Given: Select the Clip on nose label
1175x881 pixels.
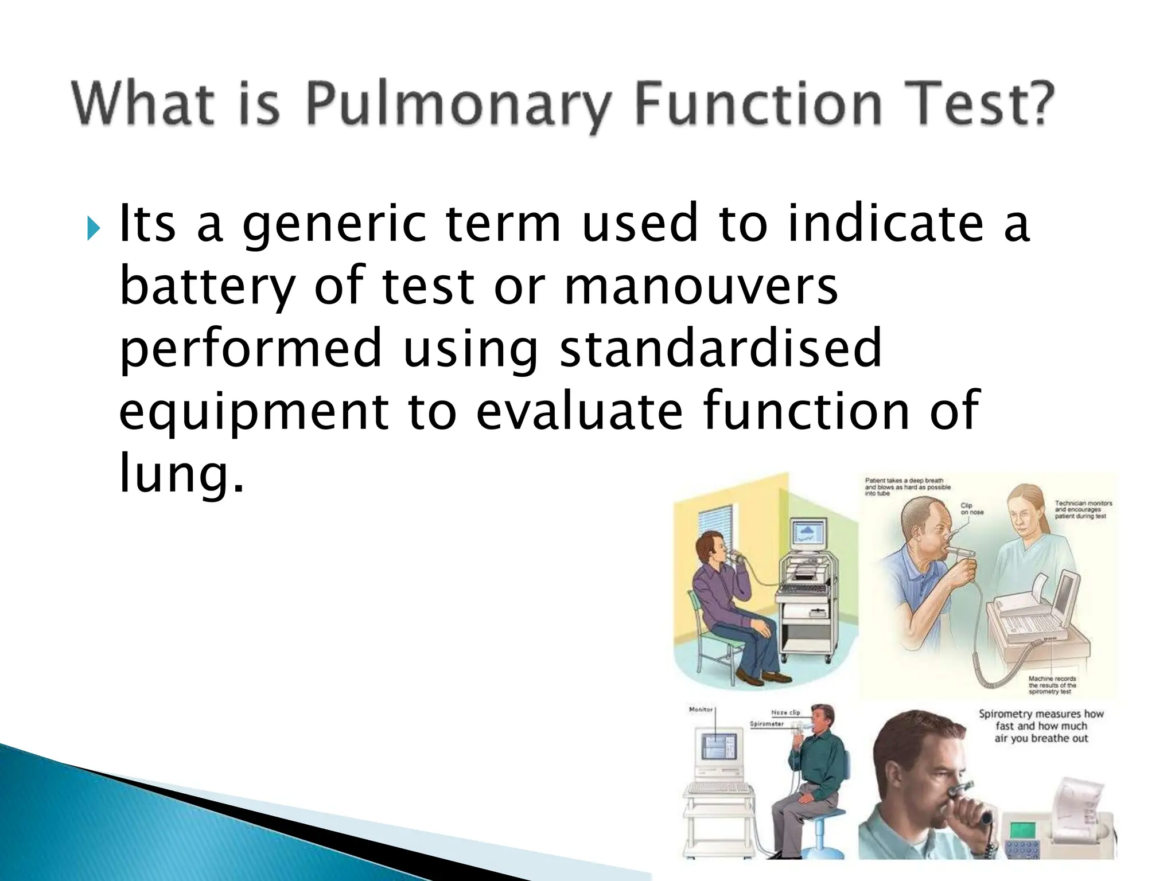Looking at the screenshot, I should [x=972, y=509].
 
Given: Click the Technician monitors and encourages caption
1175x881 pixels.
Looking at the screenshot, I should [x=1083, y=509].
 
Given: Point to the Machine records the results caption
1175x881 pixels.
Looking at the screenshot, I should [x=1052, y=685].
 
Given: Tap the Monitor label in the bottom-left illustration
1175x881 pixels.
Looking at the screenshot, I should [x=701, y=710].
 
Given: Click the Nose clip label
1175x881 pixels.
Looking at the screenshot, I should [x=785, y=712].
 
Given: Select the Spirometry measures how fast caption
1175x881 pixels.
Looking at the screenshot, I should [x=1041, y=726].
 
